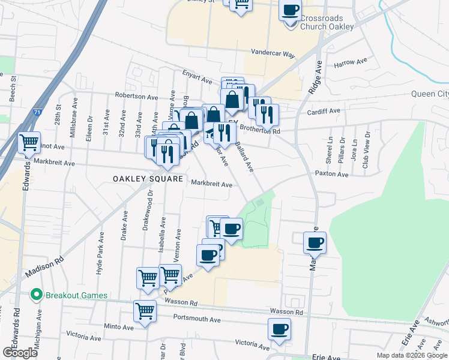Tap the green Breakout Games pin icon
pyautogui.click(x=35, y=295)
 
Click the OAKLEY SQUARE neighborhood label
pyautogui.click(x=148, y=179)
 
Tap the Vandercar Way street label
pyautogui.click(x=273, y=53)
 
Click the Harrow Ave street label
pyautogui.click(x=350, y=62)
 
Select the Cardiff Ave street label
pyautogui.click(x=325, y=110)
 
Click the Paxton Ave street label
pyautogui.click(x=331, y=175)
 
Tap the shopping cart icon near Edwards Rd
pyautogui.click(x=29, y=143)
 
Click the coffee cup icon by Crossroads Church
pyautogui.click(x=291, y=10)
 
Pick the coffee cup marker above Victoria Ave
pyautogui.click(x=280, y=329)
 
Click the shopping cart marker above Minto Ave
pyautogui.click(x=145, y=311)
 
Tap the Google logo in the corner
pyautogui.click(x=20, y=353)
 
